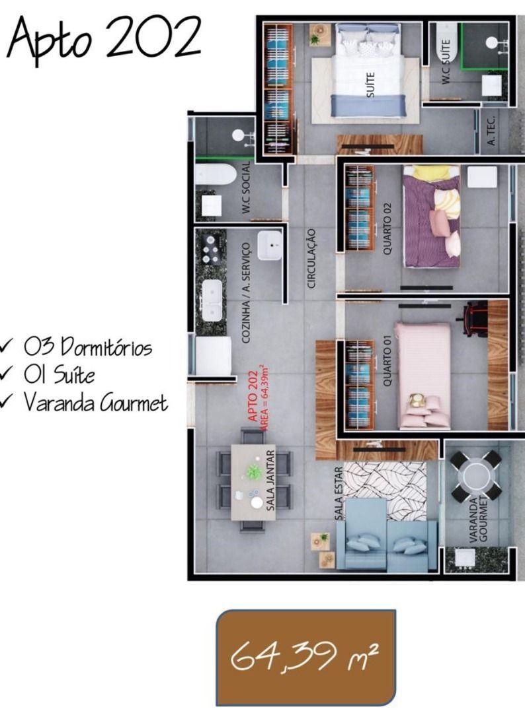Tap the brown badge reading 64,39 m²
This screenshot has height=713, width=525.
tap(305, 656)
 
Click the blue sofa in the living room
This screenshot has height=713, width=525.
tap(387, 538)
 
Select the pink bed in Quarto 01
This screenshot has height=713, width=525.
tap(423, 373)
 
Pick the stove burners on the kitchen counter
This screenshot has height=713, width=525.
tap(212, 251)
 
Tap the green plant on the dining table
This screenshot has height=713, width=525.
tap(254, 471)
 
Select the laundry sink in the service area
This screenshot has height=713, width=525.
tap(270, 245)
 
